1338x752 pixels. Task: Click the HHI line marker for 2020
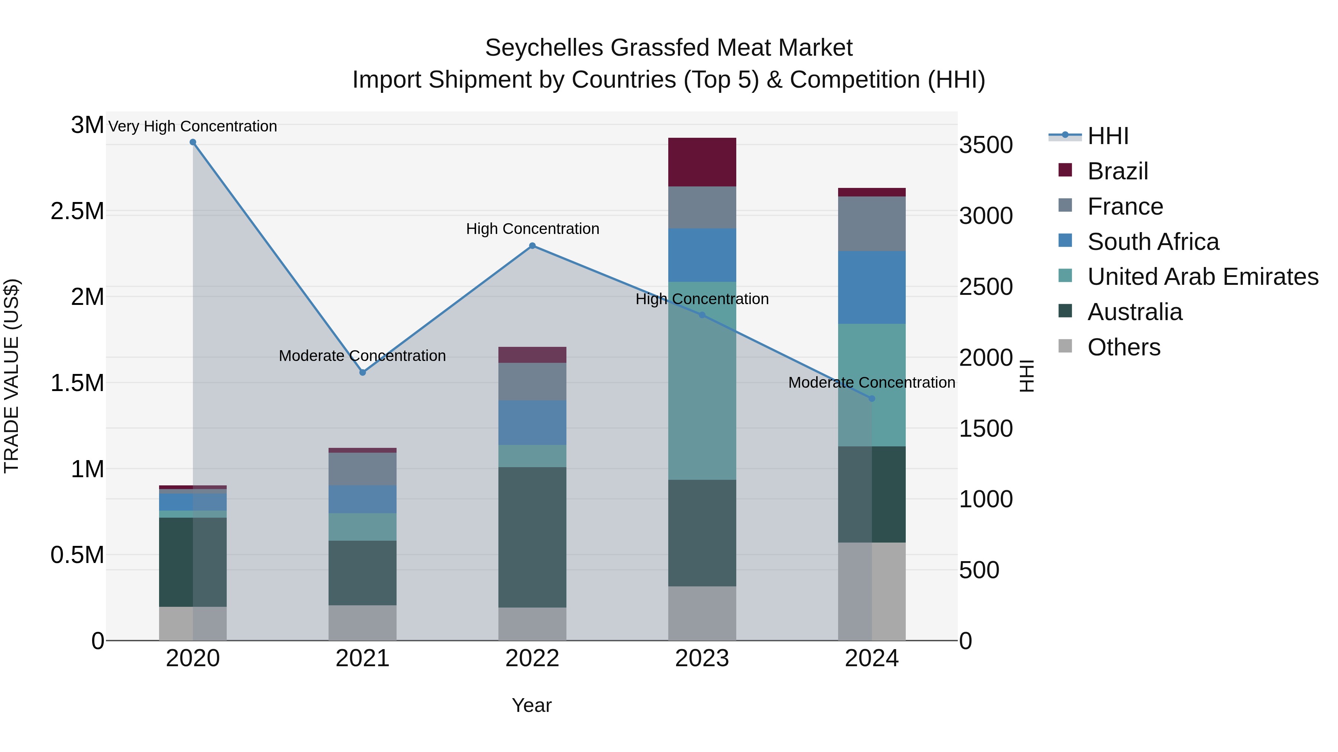(193, 142)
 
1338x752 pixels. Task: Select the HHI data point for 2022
(532, 246)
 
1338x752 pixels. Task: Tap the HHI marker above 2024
(872, 398)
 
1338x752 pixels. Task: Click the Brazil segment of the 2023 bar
(702, 162)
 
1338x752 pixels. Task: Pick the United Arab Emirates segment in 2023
(702, 380)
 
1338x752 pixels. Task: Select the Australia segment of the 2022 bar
(532, 537)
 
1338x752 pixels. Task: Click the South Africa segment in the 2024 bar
(872, 287)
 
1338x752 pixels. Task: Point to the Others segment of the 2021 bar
(362, 622)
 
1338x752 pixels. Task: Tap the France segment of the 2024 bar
(872, 224)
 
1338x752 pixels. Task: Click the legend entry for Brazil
(1117, 171)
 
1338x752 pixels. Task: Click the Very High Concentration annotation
(193, 126)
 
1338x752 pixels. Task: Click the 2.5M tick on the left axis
(77, 211)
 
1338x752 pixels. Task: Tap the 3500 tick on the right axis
(985, 145)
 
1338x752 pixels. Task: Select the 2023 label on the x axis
(702, 658)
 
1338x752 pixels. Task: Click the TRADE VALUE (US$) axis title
(12, 376)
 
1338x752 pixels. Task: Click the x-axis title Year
(531, 705)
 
